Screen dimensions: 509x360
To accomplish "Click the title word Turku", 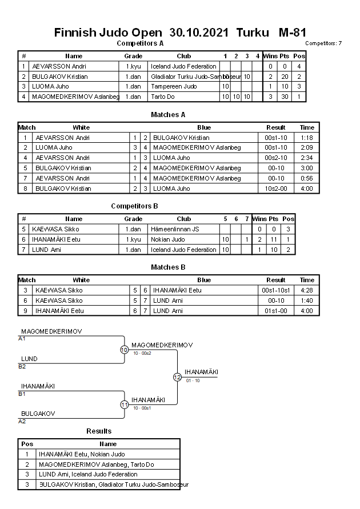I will [252, 33].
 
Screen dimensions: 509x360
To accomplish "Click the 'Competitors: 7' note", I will [323, 43].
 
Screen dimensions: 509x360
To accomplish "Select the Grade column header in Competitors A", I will [133, 56].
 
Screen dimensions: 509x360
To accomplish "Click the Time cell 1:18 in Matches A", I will [307, 138].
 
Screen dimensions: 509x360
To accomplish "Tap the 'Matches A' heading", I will [168, 115].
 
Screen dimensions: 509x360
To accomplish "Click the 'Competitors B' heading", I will [134, 206].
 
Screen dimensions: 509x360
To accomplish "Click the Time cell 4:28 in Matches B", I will [307, 290].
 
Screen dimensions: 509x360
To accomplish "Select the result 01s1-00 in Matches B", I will [276, 311].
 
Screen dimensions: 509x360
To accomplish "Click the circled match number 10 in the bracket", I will [124, 350].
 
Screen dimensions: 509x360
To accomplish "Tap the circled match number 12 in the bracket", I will [177, 377].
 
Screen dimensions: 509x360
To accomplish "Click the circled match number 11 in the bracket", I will [124, 404].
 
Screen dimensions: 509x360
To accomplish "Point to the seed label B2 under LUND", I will [22, 366].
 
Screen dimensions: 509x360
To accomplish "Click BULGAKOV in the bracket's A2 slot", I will [38, 413].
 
